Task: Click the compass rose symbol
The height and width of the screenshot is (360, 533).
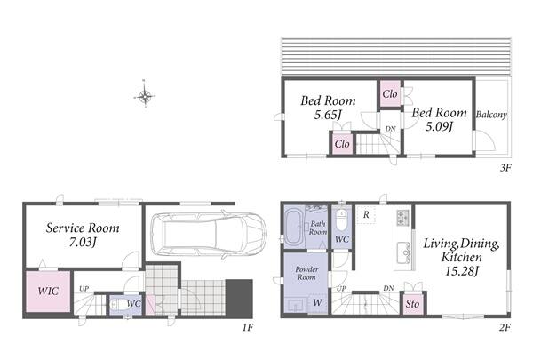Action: (145, 96)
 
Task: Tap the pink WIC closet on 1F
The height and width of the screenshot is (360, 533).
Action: (48, 291)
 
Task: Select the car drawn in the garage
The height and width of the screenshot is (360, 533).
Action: (209, 235)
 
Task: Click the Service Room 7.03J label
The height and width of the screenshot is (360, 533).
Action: (83, 235)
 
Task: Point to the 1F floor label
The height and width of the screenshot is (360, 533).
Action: (248, 327)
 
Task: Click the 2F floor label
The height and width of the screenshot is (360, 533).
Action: (505, 327)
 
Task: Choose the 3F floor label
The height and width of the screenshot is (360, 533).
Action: (505, 167)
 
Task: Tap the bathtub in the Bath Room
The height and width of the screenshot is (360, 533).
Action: (294, 228)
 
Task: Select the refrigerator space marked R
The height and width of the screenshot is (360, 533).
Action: (366, 215)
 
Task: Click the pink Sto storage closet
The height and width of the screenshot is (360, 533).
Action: (412, 304)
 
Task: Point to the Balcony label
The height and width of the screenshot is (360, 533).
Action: (491, 115)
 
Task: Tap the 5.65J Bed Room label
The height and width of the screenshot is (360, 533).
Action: (328, 108)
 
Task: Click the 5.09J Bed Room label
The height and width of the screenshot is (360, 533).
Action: (439, 119)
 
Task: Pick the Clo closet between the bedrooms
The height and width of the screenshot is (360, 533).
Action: (390, 94)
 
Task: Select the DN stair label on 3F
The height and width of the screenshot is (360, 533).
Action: (390, 129)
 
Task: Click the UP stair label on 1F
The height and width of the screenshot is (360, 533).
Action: (84, 289)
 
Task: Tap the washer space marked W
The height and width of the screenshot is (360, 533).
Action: (317, 302)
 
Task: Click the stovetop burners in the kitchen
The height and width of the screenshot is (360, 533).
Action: (403, 218)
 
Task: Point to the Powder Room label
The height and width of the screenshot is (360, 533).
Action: (306, 273)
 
